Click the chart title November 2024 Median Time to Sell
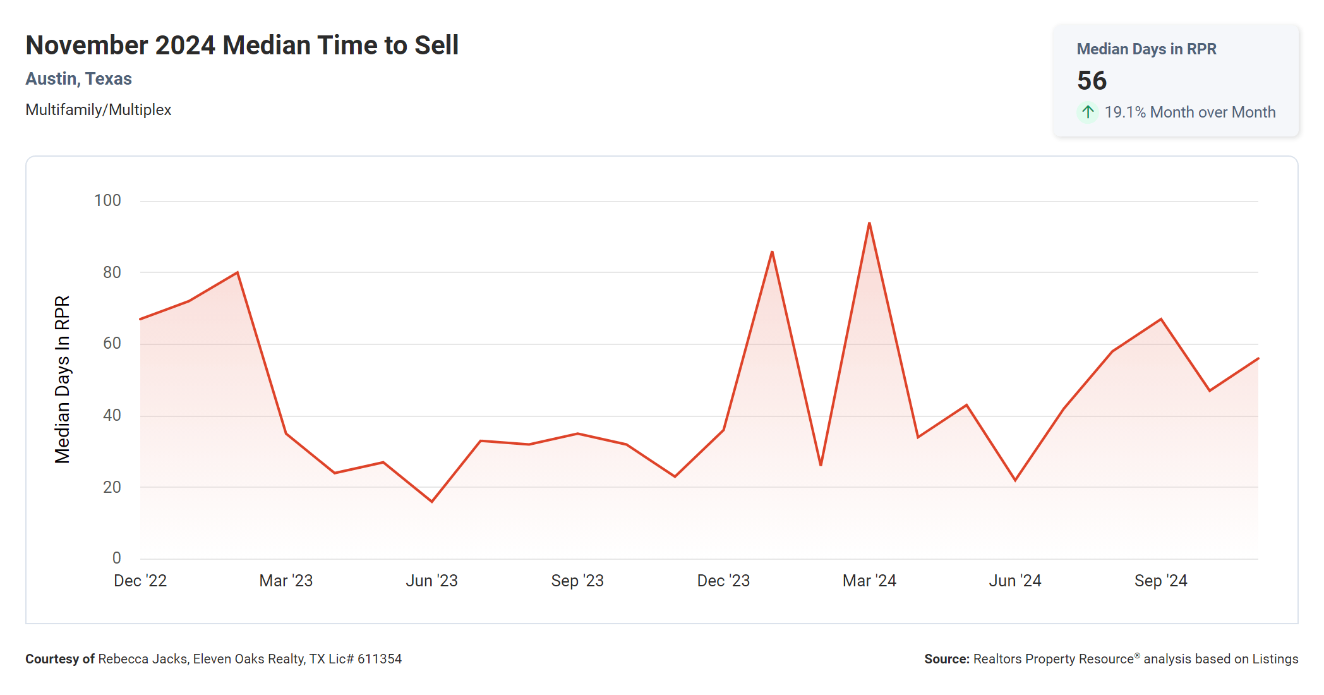click(x=242, y=45)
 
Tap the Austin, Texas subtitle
click(x=78, y=79)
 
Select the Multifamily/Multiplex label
click(x=98, y=110)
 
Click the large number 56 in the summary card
click(x=1092, y=81)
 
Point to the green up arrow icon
click(x=1087, y=112)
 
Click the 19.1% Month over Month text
click(x=1189, y=112)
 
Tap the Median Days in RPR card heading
click(x=1146, y=49)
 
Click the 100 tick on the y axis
click(x=107, y=201)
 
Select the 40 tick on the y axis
click(x=112, y=415)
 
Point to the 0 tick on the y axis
click(x=116, y=558)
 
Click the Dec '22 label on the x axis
click(x=140, y=581)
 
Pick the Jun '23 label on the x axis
click(x=431, y=581)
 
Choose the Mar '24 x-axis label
click(x=869, y=581)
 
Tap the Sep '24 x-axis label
click(x=1160, y=581)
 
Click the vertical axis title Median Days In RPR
click(x=63, y=379)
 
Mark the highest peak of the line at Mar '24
click(x=869, y=223)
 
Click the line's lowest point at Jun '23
click(x=432, y=502)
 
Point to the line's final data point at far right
click(x=1258, y=359)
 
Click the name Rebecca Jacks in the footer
click(x=143, y=659)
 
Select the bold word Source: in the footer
click(x=946, y=659)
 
